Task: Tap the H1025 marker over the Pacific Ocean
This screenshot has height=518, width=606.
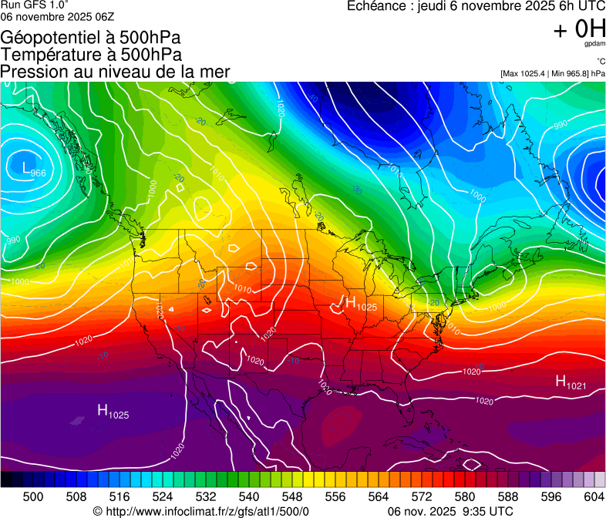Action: [113, 412]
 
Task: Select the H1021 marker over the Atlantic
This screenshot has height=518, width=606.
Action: [571, 382]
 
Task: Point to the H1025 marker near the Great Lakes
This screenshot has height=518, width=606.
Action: [361, 304]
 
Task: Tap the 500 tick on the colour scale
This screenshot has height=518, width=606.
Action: [33, 496]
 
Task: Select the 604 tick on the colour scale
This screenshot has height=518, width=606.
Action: [594, 496]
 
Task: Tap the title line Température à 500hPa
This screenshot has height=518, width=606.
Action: [91, 55]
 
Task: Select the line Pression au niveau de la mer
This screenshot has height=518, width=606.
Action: [116, 72]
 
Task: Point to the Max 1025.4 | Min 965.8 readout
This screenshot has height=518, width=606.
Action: [552, 74]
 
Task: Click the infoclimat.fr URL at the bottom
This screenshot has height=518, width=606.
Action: [200, 511]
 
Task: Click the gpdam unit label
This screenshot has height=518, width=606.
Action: [595, 45]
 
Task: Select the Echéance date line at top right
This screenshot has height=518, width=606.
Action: [475, 6]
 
